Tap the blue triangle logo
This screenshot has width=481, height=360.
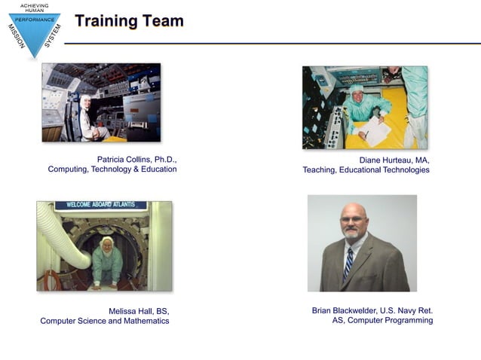click(x=34, y=30)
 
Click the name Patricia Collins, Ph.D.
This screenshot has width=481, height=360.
click(x=136, y=160)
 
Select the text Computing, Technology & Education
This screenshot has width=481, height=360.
click(x=112, y=169)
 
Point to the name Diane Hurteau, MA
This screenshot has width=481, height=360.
click(x=394, y=160)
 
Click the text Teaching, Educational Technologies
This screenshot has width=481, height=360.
click(x=366, y=170)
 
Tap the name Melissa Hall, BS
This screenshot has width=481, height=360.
click(x=139, y=311)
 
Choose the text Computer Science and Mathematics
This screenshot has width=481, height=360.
click(x=105, y=321)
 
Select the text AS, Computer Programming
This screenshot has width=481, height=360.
click(x=382, y=320)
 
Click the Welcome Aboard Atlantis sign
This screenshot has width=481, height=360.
click(x=103, y=205)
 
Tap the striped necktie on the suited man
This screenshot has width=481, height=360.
click(x=348, y=263)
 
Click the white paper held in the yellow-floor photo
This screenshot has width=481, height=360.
click(x=376, y=131)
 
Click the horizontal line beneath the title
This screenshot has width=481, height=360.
click(x=271, y=44)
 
